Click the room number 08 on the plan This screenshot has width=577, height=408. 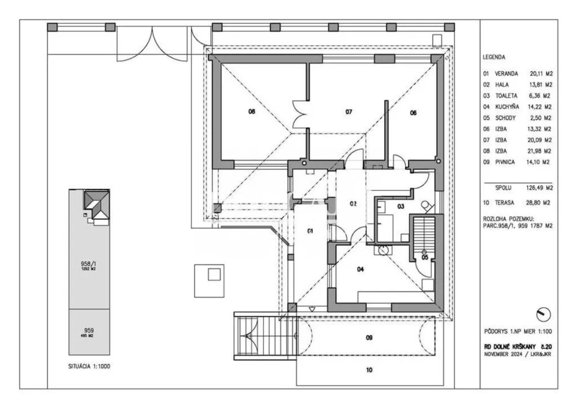[252, 112]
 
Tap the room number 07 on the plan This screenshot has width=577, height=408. [349, 112]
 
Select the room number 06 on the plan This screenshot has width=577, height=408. [413, 113]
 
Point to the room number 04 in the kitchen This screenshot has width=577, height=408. [361, 269]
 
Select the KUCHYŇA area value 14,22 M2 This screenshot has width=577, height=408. [541, 107]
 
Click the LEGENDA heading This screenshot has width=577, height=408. [494, 57]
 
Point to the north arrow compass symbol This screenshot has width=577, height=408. [543, 314]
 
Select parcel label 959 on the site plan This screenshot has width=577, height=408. [89, 331]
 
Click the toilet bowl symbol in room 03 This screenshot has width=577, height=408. [426, 206]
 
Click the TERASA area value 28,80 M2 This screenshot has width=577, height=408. [541, 204]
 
